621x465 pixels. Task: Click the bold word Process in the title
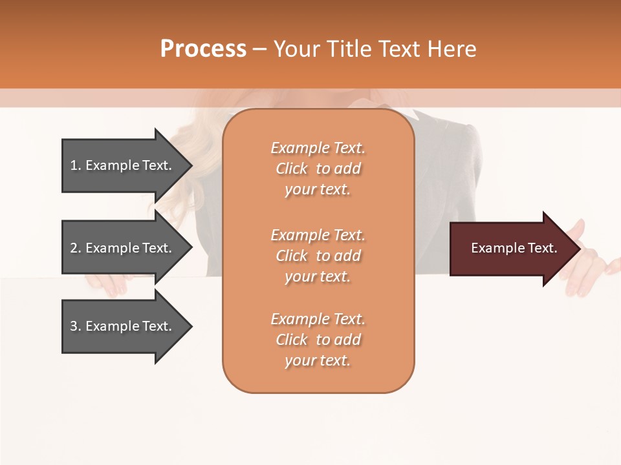(x=203, y=49)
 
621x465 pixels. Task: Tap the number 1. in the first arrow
(x=76, y=165)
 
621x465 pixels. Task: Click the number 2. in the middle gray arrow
(x=76, y=248)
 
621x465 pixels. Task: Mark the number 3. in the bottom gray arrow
(x=76, y=326)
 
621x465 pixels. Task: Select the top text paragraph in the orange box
(x=318, y=169)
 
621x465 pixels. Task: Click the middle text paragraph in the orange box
(x=318, y=256)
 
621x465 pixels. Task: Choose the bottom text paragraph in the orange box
(x=318, y=340)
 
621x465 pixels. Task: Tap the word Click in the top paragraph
(x=292, y=169)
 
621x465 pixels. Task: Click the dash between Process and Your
(x=259, y=50)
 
